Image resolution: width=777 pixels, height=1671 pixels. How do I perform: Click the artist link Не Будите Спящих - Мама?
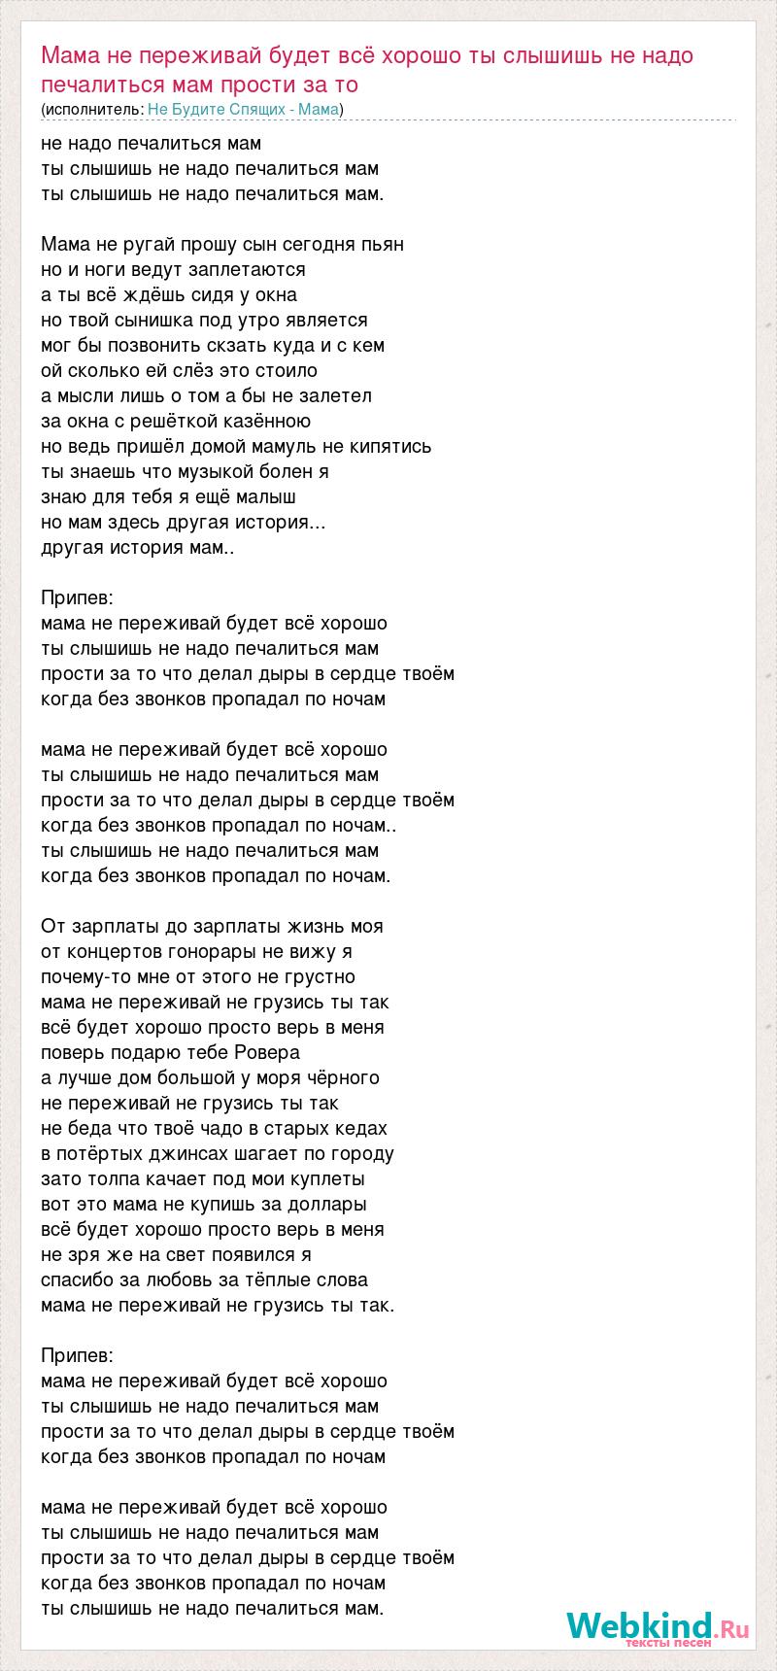(244, 109)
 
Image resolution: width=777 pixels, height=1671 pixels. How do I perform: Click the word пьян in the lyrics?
(383, 245)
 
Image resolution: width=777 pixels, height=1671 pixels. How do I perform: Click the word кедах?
(361, 1129)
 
